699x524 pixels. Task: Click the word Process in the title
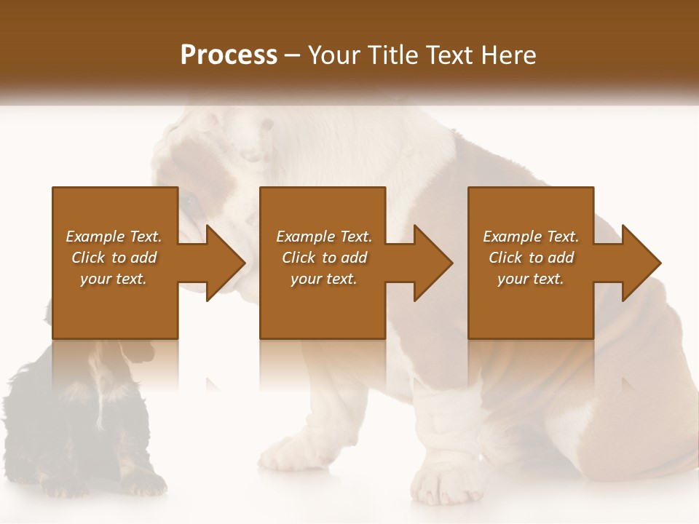(229, 55)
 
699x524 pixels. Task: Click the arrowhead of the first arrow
(225, 263)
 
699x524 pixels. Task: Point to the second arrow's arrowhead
(433, 263)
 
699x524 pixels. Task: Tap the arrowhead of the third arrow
(641, 263)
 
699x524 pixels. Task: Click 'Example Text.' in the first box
(114, 237)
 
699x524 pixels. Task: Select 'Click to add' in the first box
(114, 258)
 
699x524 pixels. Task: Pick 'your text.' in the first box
(114, 279)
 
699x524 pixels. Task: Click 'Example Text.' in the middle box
(324, 237)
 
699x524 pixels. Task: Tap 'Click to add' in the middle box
(324, 258)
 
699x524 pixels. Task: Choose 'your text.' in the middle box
(324, 279)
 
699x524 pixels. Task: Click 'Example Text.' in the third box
(531, 237)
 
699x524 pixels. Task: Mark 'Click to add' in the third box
(531, 258)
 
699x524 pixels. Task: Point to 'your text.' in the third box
(531, 279)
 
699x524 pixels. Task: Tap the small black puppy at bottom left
(80, 422)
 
